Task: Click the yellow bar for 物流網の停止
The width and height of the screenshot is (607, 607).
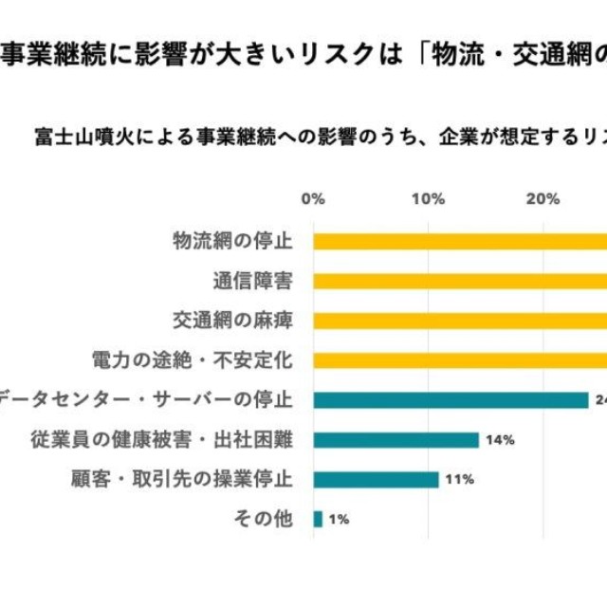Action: (x=460, y=241)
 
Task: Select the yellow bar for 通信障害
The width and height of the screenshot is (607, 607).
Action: (x=460, y=281)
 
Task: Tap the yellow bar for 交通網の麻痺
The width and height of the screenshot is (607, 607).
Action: (x=460, y=321)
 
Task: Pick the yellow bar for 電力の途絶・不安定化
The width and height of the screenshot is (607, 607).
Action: (x=460, y=360)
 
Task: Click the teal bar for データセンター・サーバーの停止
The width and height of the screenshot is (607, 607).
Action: (x=451, y=400)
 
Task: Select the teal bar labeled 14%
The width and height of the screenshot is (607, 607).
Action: (x=395, y=440)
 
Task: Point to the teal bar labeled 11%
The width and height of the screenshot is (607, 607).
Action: (x=376, y=480)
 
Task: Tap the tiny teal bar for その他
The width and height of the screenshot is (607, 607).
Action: (x=318, y=519)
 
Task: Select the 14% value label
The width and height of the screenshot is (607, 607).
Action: (x=500, y=440)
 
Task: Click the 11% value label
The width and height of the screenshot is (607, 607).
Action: (x=460, y=480)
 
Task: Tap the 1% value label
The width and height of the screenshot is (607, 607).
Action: (x=339, y=519)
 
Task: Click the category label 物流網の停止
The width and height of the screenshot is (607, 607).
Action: (x=232, y=241)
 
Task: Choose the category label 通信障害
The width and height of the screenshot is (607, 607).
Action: (x=252, y=281)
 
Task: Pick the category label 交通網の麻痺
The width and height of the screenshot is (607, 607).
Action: (x=232, y=321)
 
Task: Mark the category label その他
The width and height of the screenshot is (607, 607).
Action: (x=264, y=519)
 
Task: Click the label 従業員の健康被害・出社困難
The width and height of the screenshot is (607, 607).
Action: (x=161, y=440)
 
